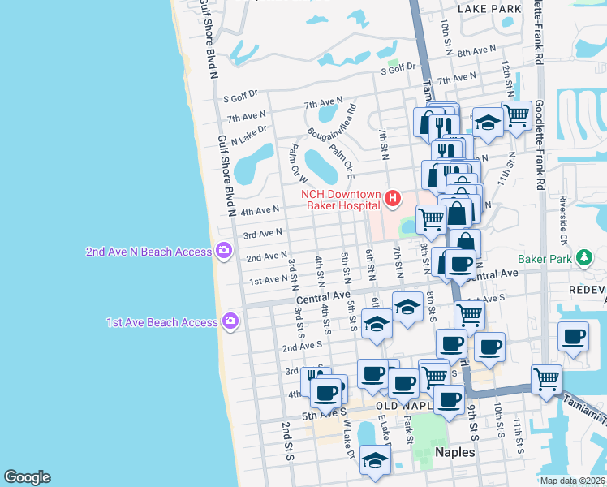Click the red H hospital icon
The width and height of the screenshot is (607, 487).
click(x=394, y=197)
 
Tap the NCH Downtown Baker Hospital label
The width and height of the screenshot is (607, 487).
click(x=341, y=200)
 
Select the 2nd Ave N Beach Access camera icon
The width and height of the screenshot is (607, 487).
click(x=222, y=250)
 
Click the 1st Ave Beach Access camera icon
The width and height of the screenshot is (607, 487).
click(x=231, y=321)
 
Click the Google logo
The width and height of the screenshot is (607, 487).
click(x=27, y=477)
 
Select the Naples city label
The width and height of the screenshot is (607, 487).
click(x=454, y=452)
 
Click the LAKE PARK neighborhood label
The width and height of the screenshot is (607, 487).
click(x=489, y=9)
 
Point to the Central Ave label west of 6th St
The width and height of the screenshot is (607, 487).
click(x=322, y=298)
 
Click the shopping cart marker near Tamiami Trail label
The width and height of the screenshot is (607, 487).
click(x=547, y=378)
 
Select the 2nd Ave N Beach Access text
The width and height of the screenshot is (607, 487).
click(x=149, y=252)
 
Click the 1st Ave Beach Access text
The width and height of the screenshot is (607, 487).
click(x=162, y=322)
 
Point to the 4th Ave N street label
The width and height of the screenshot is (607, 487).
click(x=260, y=211)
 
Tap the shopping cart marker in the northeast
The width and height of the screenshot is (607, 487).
click(x=517, y=115)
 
